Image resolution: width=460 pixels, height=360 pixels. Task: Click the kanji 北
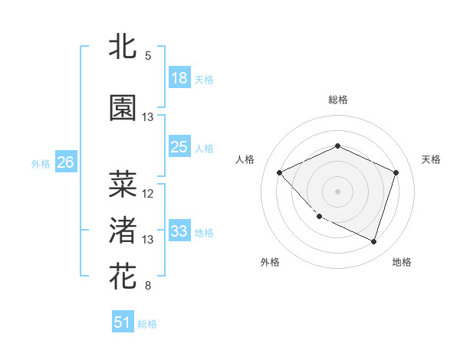[123, 46]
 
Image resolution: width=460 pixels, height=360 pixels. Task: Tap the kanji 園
[123, 108]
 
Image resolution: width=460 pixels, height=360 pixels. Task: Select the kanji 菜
[123, 184]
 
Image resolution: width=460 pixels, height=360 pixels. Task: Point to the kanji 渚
[123, 230]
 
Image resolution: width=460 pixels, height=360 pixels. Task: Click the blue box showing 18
[179, 78]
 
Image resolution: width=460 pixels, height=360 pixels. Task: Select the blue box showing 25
[179, 147]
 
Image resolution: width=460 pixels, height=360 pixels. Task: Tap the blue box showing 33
[179, 231]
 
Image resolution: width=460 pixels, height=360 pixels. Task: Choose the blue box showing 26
[66, 162]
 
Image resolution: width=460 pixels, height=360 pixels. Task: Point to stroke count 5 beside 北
[148, 55]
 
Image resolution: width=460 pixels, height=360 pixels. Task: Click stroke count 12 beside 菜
[148, 193]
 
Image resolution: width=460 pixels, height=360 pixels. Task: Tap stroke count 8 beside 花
[148, 286]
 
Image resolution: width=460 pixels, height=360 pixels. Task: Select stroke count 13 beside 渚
[148, 240]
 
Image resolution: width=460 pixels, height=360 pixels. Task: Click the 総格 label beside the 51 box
[147, 324]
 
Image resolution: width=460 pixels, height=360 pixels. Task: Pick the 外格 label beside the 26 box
[41, 163]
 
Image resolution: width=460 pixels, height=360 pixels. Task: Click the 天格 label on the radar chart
[431, 159]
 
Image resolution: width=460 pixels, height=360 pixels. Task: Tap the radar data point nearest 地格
[373, 242]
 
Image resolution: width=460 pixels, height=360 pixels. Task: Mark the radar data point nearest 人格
[280, 172]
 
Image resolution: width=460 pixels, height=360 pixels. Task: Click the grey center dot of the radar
[337, 191]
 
